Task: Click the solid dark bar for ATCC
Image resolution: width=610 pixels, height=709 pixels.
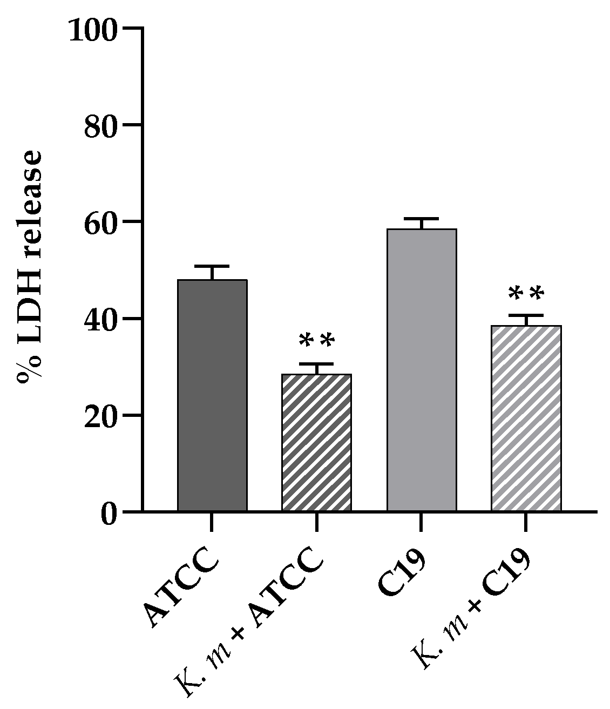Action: coord(212,395)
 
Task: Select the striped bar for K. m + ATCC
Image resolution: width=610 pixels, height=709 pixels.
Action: coord(316,442)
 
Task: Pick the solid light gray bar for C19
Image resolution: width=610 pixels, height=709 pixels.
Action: coord(422,370)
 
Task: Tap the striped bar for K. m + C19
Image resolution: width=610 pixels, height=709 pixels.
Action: coord(526,418)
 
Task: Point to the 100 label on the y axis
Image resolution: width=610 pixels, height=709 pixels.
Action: coord(93,31)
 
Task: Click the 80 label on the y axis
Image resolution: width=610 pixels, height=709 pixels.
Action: coord(101,128)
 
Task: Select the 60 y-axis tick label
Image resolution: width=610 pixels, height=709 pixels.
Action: coord(101,225)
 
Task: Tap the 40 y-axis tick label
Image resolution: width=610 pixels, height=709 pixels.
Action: coord(101,322)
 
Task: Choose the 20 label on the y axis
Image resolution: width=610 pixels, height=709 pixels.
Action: coord(101,418)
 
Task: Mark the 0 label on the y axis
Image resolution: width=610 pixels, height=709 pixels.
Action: coord(109,515)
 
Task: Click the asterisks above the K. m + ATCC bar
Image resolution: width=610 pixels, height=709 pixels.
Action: coord(317,341)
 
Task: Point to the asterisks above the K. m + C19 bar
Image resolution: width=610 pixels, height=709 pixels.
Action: coord(526,294)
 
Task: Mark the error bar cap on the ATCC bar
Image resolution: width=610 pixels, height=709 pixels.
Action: coord(212,266)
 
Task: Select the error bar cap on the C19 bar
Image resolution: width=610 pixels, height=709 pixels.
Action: coord(422,218)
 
